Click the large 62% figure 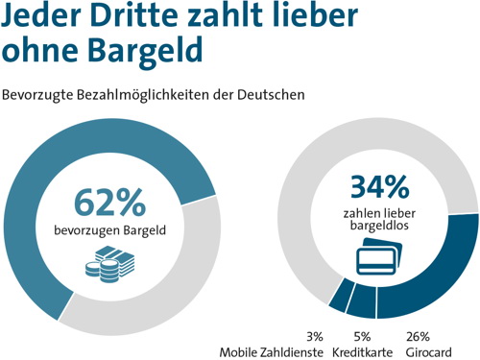pos(110,203)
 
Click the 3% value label pos(314,336)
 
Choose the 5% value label pos(362,336)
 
